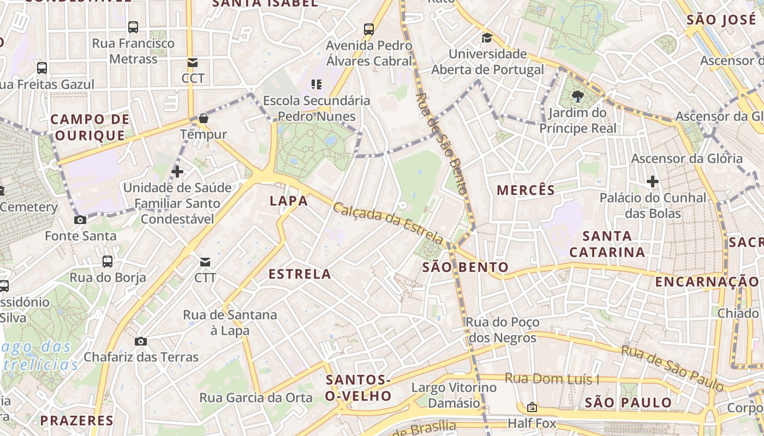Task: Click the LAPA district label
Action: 289,201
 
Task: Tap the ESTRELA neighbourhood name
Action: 300,274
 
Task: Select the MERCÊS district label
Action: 526,190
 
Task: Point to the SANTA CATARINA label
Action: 607,244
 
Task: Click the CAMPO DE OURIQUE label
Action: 90,127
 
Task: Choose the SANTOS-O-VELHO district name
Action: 358,388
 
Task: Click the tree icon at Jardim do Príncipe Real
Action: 577,97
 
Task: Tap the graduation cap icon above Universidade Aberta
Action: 486,38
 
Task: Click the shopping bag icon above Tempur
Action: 203,118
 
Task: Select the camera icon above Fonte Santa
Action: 80,220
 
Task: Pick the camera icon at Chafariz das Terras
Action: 141,342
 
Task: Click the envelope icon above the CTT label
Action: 205,262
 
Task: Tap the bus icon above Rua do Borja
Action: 108,261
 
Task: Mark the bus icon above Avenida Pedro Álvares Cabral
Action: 369,29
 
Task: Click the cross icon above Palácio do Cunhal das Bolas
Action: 652,181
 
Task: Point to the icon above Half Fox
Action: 532,407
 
